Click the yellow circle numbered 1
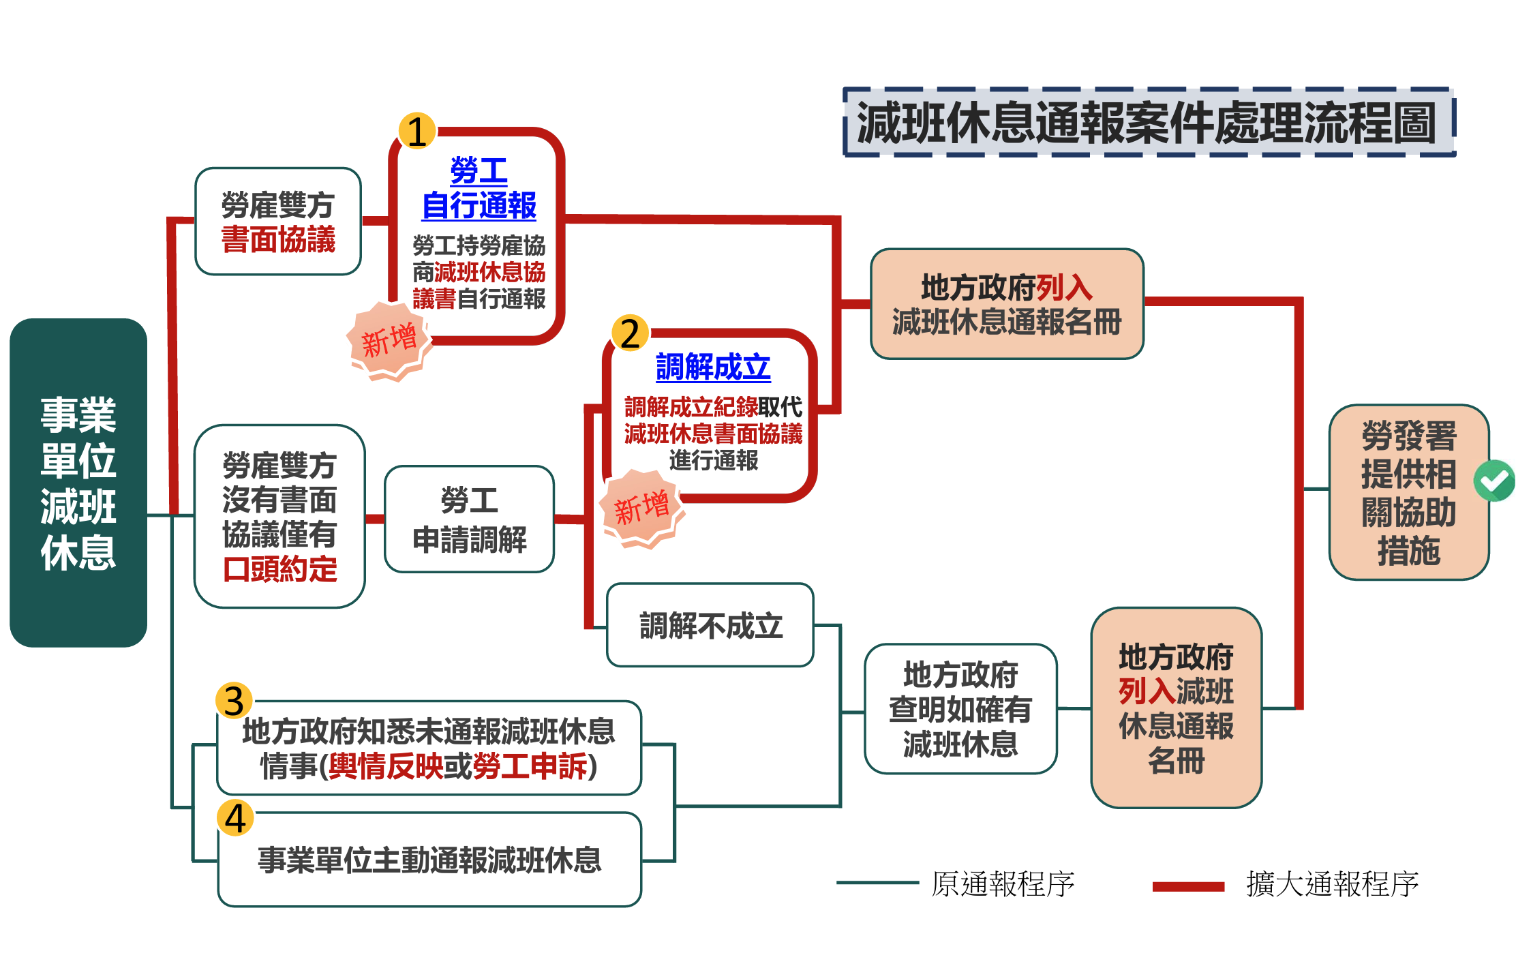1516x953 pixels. click(x=416, y=131)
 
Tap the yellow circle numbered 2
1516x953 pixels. click(x=631, y=333)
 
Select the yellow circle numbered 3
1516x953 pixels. click(x=234, y=701)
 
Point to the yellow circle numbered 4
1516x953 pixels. click(x=235, y=817)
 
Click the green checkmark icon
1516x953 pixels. click(x=1494, y=481)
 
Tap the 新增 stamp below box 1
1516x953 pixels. click(x=389, y=340)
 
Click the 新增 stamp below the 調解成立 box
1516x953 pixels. click(x=641, y=508)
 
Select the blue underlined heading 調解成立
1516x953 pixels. click(x=712, y=367)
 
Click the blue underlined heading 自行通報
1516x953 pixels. click(x=479, y=205)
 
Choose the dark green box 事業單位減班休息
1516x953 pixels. click(x=78, y=483)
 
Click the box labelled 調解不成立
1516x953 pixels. click(x=710, y=625)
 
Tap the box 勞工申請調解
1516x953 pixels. click(x=470, y=519)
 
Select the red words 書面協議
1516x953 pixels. click(x=278, y=240)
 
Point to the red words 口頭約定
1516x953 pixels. click(x=280, y=569)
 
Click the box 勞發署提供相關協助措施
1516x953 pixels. click(x=1408, y=492)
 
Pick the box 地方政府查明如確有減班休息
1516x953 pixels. click(x=960, y=709)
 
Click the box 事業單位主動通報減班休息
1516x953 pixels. click(x=429, y=860)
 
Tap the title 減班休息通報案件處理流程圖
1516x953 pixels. click(x=1149, y=123)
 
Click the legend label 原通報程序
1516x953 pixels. click(x=1003, y=884)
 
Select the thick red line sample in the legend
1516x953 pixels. click(x=1188, y=886)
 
